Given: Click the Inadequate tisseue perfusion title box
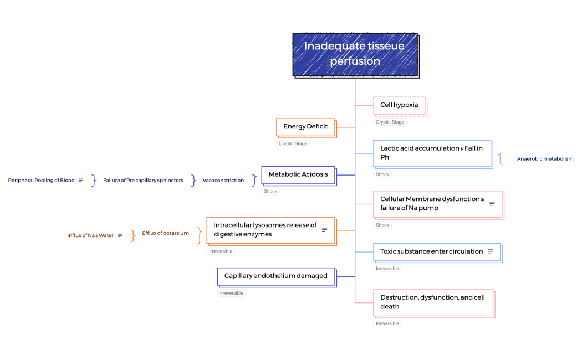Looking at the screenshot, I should pos(355,54).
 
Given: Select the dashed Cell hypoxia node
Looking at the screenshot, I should pos(399,105).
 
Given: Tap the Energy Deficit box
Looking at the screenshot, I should pos(305,127).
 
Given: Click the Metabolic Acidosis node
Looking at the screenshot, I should pos(298,174).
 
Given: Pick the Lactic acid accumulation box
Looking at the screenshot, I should pos(432,153).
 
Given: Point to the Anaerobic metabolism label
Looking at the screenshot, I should pos(545,159).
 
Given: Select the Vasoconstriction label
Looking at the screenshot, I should pos(223,181).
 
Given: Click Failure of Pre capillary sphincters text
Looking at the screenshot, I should pos(143,181).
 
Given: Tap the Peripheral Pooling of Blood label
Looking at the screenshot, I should pos(41,181).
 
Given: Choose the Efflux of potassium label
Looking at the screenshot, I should pos(165,233).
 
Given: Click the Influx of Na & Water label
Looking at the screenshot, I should pos(90,236).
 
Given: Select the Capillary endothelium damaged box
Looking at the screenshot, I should pos(276,276).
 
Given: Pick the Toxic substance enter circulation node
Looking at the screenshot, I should pos(432,251).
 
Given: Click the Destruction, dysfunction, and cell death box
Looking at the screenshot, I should pos(432,302).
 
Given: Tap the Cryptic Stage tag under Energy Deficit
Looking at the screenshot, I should pos(293,144).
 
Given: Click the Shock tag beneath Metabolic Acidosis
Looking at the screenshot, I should pos(271,192).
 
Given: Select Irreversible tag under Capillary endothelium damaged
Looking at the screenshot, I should pos(232,293).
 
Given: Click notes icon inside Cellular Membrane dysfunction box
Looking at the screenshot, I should pos(492,204).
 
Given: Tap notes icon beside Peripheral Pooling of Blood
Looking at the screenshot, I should pos(81,181).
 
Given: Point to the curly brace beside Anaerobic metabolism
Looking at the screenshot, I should pos(501,159).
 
